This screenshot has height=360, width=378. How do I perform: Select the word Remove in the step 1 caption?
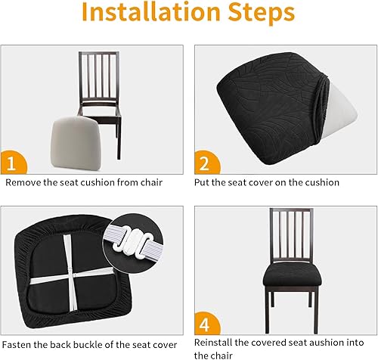tap(23, 183)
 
